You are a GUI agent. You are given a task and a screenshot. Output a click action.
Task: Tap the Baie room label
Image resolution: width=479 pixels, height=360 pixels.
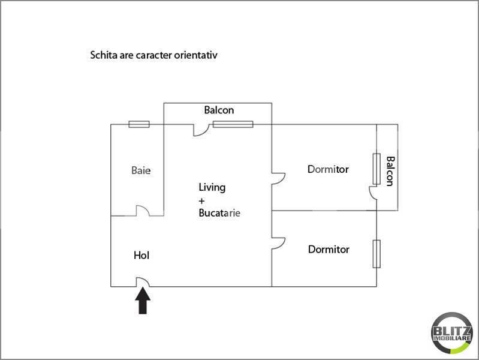point(141,170)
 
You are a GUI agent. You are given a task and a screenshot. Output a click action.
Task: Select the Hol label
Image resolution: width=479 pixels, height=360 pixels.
point(141,256)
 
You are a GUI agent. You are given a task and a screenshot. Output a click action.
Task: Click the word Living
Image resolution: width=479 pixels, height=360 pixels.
point(212,187)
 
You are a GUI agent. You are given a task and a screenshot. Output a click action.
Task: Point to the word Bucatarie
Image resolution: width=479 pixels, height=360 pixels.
point(219,213)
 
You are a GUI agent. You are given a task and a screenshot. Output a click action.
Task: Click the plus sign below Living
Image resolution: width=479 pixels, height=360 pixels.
point(201,201)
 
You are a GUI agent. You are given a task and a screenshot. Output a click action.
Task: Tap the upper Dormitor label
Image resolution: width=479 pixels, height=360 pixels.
point(328,169)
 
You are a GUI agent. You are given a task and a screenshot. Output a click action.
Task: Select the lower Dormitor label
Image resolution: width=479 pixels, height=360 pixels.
point(329,249)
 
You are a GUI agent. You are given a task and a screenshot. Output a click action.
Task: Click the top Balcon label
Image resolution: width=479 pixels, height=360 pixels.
point(219,110)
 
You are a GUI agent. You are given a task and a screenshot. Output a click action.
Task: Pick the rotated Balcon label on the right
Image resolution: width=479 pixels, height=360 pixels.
point(390,171)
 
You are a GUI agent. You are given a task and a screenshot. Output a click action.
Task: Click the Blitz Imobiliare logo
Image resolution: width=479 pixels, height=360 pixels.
point(451,333)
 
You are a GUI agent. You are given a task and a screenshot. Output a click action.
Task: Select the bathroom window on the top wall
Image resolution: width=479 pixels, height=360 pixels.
point(139,124)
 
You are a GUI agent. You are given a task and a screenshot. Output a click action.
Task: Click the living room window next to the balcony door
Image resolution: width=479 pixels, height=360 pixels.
point(233,124)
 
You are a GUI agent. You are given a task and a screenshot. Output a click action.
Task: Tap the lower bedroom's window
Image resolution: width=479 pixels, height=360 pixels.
point(376,254)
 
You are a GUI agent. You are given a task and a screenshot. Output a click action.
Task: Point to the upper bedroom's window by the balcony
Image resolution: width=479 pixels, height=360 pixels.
point(376,169)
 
